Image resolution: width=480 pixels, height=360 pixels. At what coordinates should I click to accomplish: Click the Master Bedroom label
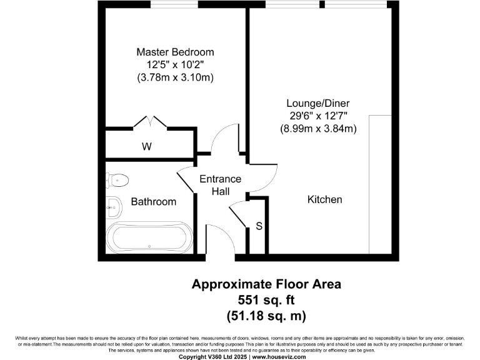click(175, 52)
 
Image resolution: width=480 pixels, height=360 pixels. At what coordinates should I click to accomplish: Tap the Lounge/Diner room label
click(317, 102)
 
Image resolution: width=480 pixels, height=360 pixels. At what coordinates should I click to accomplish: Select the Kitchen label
click(324, 199)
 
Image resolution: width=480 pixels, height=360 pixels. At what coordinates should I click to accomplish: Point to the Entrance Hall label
click(220, 185)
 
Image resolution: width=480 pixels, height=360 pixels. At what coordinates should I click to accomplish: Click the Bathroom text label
click(153, 202)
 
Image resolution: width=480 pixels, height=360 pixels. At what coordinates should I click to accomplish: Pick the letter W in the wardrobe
click(146, 147)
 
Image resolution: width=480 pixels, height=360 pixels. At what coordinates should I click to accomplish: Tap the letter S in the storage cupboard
click(258, 226)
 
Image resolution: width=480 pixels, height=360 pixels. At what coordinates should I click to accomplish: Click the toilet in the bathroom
click(117, 180)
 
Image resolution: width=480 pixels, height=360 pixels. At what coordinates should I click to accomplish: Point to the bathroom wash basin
click(113, 207)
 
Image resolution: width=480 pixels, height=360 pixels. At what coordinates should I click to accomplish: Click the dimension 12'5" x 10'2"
click(175, 65)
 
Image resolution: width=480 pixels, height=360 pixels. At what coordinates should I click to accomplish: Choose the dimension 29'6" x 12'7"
click(317, 116)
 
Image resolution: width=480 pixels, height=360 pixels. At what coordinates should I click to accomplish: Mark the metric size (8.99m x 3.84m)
click(317, 129)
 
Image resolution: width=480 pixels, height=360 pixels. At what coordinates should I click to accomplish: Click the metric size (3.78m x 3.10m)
click(175, 78)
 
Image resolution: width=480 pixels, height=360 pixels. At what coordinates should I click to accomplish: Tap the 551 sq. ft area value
click(266, 299)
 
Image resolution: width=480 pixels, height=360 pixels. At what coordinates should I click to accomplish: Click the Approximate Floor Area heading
click(266, 284)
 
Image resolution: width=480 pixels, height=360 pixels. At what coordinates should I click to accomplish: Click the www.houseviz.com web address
click(279, 357)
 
